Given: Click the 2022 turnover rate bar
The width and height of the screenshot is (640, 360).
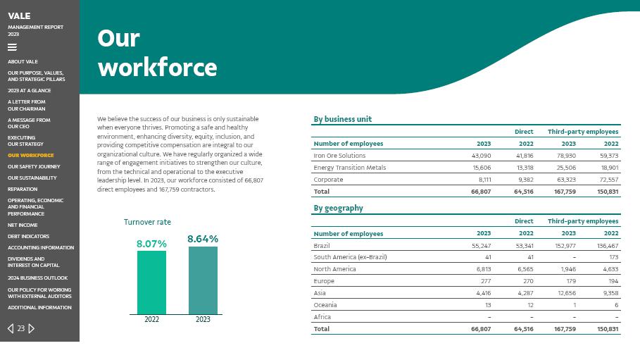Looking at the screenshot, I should coord(151,282).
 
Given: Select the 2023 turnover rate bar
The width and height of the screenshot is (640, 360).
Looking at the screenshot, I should coord(203,280).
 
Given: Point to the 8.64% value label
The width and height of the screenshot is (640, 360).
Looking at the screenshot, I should coord(203,239).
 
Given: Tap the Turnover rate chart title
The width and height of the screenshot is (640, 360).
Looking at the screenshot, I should coord(147,222).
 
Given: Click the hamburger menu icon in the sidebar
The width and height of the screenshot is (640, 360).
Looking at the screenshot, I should coord(12,47).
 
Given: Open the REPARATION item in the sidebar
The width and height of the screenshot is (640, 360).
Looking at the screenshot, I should coord(23,190).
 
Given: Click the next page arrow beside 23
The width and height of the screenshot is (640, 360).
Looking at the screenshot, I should coord(32,328).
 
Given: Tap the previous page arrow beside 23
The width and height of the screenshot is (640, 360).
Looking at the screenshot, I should coord(11,328).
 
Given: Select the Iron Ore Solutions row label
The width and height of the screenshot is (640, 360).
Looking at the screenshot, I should coord(339,156).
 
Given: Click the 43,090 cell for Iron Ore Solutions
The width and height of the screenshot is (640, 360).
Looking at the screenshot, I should coord(481,156).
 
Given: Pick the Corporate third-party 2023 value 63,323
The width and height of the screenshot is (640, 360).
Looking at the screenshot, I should coord(566,180).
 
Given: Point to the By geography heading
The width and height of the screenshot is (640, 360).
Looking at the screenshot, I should coord(338,208).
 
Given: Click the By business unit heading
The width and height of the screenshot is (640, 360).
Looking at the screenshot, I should coord(342,119).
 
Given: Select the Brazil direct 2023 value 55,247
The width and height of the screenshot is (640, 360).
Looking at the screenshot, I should coord(481,246).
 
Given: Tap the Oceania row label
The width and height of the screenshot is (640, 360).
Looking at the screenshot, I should coord(325,305).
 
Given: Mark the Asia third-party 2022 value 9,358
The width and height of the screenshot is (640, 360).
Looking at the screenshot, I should coord(609,293).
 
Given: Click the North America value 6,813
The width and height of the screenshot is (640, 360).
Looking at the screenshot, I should coord(483,269).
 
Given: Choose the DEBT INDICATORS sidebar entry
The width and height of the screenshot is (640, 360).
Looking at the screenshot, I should coord(29,237).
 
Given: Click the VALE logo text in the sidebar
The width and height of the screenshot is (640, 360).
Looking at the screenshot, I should coord(19,15).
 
